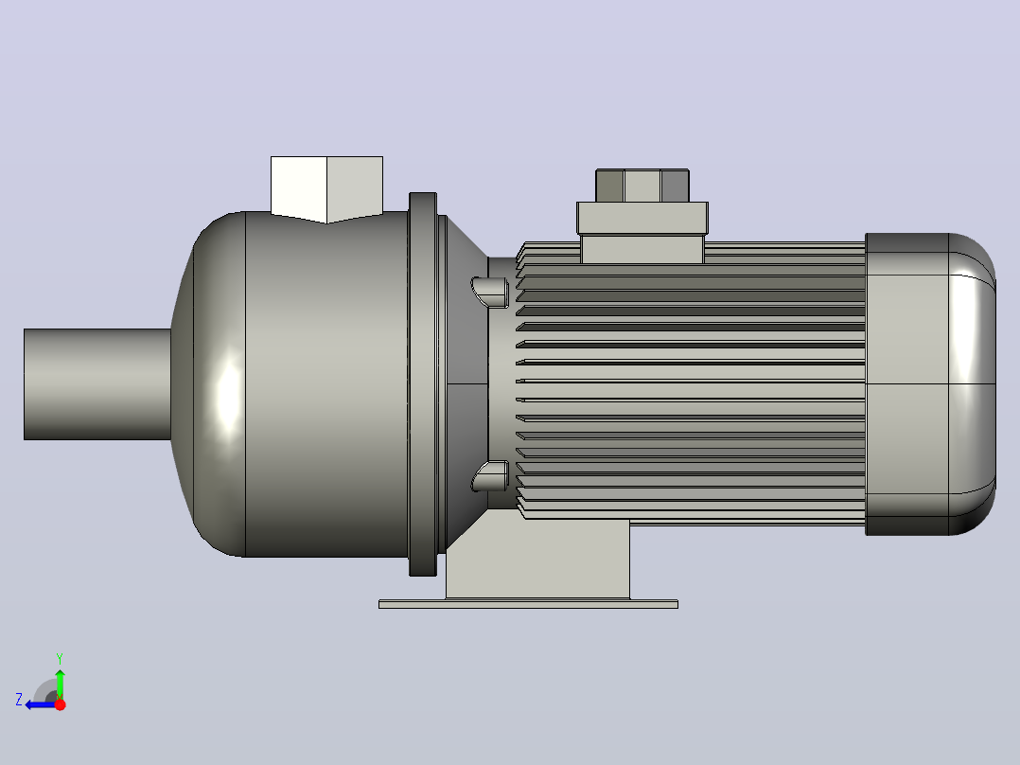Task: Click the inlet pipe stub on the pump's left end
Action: coord(97,384)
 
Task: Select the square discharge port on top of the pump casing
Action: coord(326,188)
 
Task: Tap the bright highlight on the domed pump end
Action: coord(228,393)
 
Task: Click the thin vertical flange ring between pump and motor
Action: coord(423,384)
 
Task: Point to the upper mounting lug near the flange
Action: coord(490,293)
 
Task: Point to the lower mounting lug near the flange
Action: coord(490,476)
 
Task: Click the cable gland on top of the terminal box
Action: coord(642,186)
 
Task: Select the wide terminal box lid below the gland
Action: coord(642,218)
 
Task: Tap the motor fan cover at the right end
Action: coord(930,384)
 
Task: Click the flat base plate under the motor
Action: coord(528,604)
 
